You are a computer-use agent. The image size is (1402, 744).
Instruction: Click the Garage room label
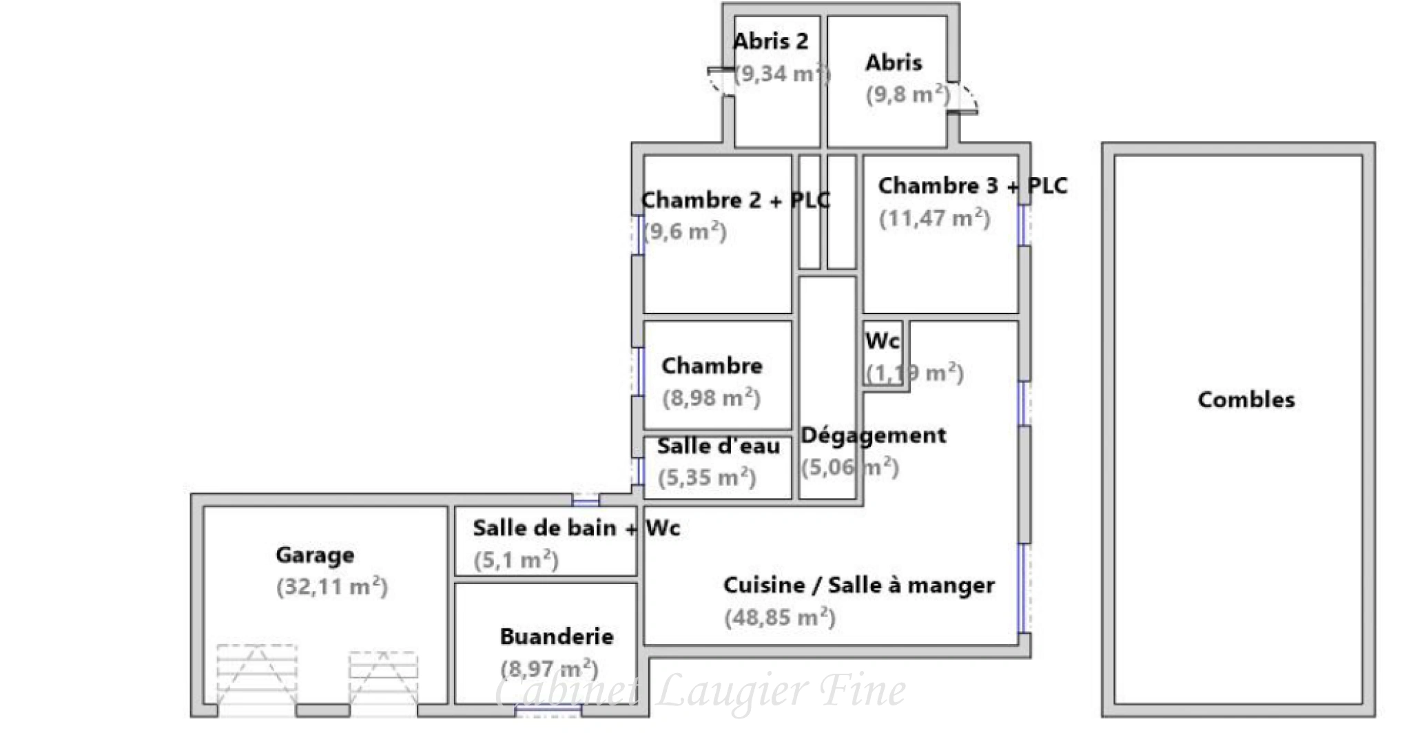click(x=315, y=555)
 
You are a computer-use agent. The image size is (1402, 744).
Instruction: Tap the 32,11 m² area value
click(x=332, y=587)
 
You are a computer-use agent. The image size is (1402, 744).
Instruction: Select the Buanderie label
click(x=557, y=637)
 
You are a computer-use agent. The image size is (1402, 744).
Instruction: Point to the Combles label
click(x=1246, y=400)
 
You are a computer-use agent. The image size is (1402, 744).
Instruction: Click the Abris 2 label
click(x=770, y=41)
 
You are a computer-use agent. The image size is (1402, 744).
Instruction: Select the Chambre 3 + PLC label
click(x=972, y=186)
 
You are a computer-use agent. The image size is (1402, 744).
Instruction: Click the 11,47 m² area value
click(x=935, y=218)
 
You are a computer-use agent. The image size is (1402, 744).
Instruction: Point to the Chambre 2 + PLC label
click(x=735, y=200)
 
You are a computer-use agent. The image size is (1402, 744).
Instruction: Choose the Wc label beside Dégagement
click(x=882, y=341)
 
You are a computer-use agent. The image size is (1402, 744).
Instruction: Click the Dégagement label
click(x=873, y=435)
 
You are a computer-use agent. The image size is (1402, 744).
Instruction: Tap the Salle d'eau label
click(x=719, y=446)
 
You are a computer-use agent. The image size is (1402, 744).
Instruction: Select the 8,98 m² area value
click(x=711, y=398)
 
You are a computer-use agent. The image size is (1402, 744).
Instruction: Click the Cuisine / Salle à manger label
click(x=858, y=586)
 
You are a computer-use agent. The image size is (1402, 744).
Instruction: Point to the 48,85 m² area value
click(x=779, y=617)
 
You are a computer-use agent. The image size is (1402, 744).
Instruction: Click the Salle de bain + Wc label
click(x=576, y=528)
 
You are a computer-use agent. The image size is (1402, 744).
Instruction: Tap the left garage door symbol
click(x=257, y=675)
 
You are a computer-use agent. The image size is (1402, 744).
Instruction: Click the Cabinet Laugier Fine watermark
click(x=700, y=691)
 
